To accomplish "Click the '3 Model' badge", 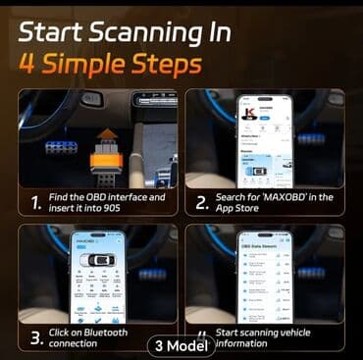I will coord(180,345).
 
